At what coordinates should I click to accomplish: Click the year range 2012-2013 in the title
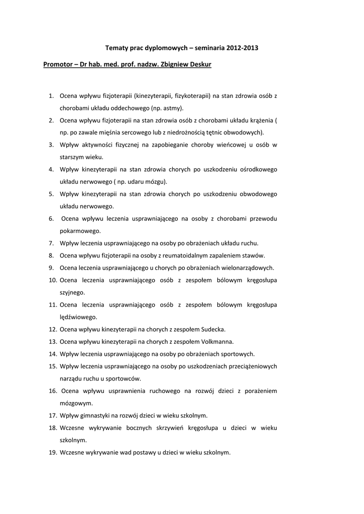click(x=242, y=48)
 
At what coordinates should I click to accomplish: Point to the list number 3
click(x=51, y=145)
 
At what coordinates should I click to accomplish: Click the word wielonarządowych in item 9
click(x=248, y=268)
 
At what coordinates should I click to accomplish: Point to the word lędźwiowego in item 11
click(x=78, y=317)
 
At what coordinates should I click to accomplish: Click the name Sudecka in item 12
click(x=212, y=329)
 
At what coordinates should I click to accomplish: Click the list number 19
click(x=52, y=452)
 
